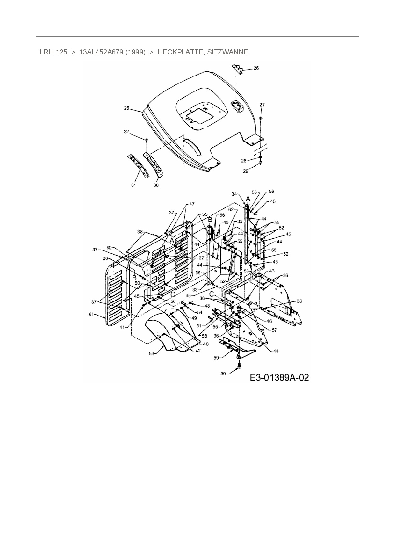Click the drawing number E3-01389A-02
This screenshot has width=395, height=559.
coord(279,378)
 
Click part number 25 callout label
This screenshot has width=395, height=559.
coord(127,108)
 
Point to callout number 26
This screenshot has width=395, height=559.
coord(256,68)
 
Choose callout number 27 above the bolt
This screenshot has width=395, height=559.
coord(262,105)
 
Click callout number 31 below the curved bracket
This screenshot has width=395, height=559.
coord(133,185)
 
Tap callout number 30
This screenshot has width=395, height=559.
coord(156,185)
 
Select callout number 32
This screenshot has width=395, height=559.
coord(127,132)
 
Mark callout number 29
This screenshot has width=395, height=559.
coord(245,171)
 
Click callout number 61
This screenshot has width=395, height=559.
coord(91,315)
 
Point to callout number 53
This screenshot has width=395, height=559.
coord(152,353)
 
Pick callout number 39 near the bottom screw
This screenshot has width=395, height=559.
coord(223,374)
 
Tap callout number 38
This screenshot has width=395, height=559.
coord(140,232)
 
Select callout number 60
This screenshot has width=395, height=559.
coord(109,248)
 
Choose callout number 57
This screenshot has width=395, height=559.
coord(274,330)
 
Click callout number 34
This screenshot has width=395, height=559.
coord(234,194)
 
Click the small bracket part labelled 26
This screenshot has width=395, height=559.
coord(237,69)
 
